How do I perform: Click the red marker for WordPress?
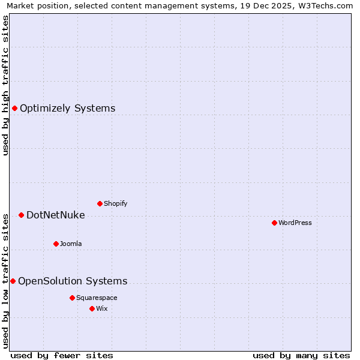pos(274,223)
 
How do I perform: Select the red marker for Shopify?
pos(100,203)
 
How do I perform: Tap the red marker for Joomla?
pos(56,244)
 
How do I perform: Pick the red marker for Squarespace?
pos(72,298)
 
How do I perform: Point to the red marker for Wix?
pos(92,308)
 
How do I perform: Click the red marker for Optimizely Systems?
pos(14,108)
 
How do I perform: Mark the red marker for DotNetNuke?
pos(21,215)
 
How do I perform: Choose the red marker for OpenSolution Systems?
pos(13,281)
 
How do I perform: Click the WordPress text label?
pos(295,223)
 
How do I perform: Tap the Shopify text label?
pos(116,203)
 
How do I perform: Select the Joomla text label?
pos(71,244)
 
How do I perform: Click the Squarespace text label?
pos(97,298)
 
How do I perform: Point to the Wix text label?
pos(102,308)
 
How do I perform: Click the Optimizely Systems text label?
pos(68,108)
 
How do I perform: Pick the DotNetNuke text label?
pos(56,215)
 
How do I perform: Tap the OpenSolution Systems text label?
pos(73,281)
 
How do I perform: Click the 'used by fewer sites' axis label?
pos(62,355)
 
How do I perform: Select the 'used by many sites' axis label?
pos(301,355)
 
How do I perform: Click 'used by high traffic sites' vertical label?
pos(5,85)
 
